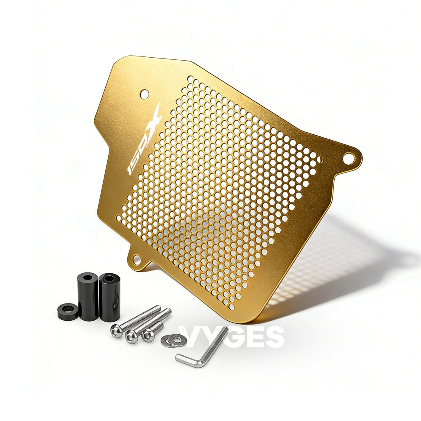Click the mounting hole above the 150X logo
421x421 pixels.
(144, 93)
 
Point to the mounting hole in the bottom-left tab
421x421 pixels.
(137, 259)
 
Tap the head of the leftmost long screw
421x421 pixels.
(116, 331)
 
